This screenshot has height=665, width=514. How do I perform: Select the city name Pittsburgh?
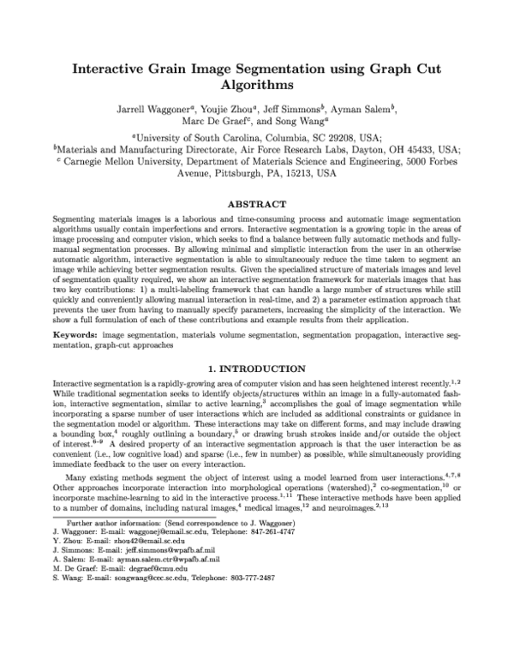click(236, 172)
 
